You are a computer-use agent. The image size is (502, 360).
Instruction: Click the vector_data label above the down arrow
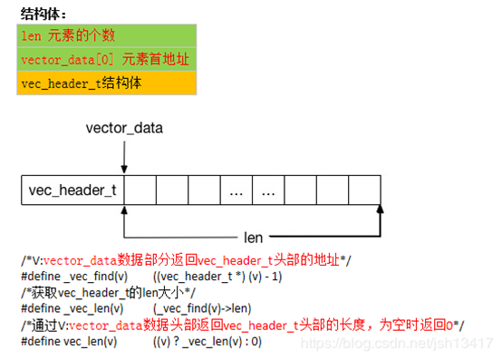point(124,128)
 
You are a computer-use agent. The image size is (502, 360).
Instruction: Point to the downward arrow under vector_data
point(124,159)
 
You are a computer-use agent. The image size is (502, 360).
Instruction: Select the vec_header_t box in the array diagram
point(73,191)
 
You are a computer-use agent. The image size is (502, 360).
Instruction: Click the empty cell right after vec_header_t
point(142,191)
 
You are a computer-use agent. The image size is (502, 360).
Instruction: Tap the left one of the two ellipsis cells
point(237,191)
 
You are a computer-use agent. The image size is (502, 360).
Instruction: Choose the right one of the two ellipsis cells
point(269,191)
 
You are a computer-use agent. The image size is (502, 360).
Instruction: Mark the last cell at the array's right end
point(364,191)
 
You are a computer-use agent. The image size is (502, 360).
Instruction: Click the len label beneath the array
point(254,238)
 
